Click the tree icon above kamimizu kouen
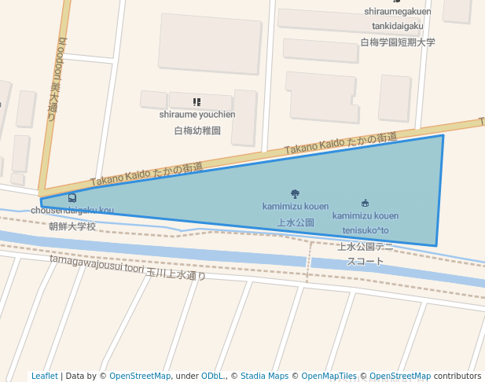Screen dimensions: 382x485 [295, 193]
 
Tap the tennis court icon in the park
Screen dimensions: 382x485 [365, 203]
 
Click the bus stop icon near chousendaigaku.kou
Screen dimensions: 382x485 [72, 198]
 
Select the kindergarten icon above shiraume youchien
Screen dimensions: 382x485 [197, 102]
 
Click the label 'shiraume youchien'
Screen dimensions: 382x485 [197, 115]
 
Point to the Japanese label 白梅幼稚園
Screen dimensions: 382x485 [197, 130]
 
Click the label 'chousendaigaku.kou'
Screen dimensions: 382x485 [72, 211]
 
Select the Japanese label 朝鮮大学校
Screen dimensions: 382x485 [72, 226]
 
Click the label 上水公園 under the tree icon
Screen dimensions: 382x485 [296, 222]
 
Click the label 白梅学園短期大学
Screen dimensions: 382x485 [397, 42]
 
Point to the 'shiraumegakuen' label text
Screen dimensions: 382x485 [397, 11]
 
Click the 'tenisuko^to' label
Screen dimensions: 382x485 [365, 230]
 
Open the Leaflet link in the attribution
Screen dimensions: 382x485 [44, 376]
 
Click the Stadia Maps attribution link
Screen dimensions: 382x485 [264, 376]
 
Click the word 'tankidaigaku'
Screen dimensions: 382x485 [397, 26]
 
